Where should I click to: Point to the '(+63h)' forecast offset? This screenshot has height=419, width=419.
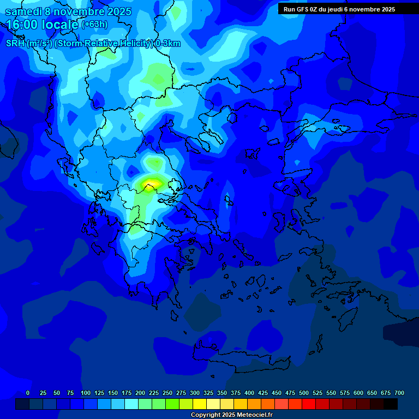[94, 25]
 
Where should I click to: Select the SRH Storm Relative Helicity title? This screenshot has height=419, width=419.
[93, 44]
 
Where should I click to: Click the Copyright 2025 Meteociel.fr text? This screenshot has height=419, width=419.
[231, 415]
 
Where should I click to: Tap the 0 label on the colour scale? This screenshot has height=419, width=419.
[28, 393]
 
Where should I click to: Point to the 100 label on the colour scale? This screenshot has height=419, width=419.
[86, 393]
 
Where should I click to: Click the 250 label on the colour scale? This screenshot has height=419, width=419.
[167, 393]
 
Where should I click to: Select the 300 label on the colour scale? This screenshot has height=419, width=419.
[195, 393]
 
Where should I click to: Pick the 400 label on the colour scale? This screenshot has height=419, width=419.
[249, 393]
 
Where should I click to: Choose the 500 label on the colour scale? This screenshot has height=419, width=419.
[304, 393]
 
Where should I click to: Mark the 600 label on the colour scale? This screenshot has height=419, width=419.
[358, 393]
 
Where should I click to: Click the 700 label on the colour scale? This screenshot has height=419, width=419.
[399, 393]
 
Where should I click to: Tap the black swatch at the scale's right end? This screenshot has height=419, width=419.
[391, 404]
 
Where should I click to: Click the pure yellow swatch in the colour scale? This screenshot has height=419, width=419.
[200, 404]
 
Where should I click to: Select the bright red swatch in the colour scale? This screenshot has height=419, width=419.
[309, 404]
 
